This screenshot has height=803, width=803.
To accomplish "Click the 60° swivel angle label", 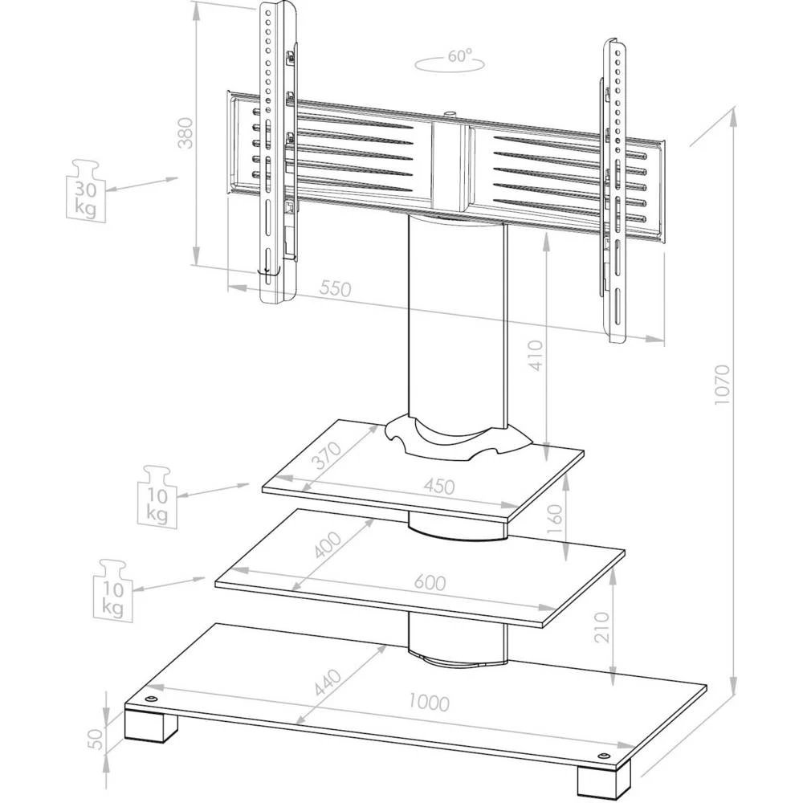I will click(459, 57).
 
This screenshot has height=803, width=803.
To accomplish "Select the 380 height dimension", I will click(185, 132).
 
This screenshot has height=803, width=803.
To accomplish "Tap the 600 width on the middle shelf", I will click(430, 583).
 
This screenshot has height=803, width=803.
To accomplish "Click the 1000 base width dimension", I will click(427, 702).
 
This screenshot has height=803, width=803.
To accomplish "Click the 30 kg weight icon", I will click(85, 191).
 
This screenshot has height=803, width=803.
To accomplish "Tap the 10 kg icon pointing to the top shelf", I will click(157, 495).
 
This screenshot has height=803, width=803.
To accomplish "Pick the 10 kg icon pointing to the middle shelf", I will click(113, 590).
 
